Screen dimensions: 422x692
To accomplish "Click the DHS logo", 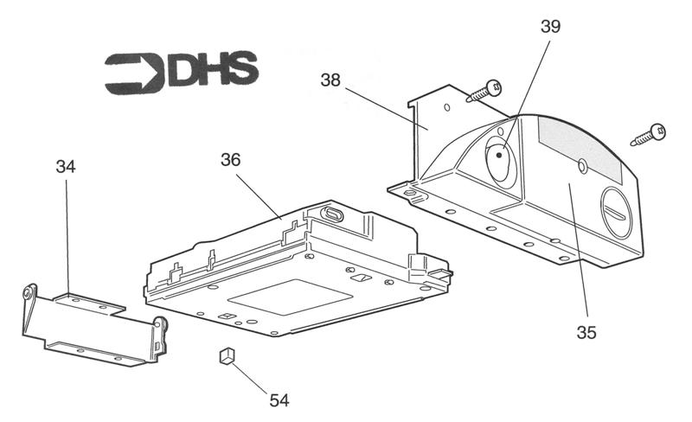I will coord(181,73).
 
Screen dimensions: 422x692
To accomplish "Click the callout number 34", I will coord(66,166).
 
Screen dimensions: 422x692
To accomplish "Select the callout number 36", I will coord(230,160).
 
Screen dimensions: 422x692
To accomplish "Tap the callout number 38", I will coord(330,80).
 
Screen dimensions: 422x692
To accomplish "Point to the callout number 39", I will coord(550,26).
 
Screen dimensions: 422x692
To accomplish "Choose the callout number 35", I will coord(590,330).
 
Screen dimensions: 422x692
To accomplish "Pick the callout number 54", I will coord(279,400).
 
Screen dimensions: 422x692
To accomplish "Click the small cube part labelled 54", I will coord(226,356).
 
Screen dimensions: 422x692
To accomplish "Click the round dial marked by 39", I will coord(499,161).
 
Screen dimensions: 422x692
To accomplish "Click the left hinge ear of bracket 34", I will coord(29,294).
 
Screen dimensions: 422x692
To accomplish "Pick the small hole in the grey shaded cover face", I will coord(582,164).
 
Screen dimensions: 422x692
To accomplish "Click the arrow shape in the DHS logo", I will coord(133,73).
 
